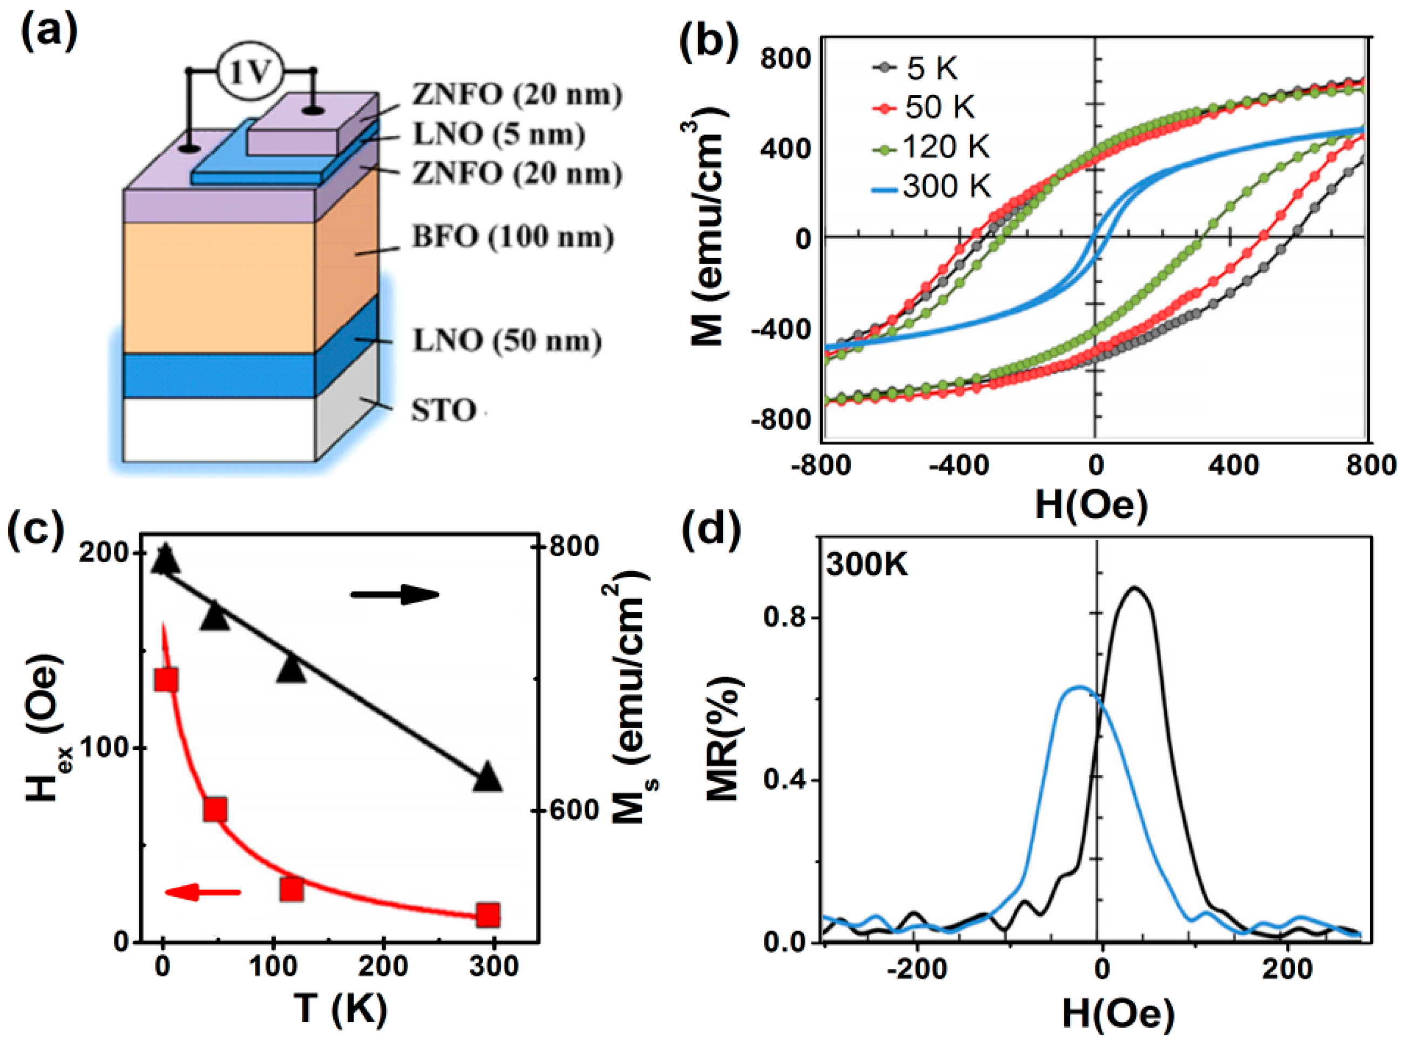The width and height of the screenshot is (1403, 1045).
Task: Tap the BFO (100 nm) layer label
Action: coord(512,237)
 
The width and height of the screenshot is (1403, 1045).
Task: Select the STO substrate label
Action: coord(444,410)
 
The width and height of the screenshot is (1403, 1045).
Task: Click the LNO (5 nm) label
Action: coord(498,134)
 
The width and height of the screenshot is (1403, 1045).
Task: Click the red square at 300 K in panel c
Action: coord(488,915)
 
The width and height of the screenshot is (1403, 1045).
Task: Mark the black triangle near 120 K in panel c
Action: coord(292,669)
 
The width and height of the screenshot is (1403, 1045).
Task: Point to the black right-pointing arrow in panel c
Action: coord(395,595)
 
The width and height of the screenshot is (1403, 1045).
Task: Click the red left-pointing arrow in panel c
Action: coord(202,893)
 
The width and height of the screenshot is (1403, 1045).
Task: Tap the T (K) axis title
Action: coord(340,1008)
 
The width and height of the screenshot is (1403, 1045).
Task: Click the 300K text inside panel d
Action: coord(867,565)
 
